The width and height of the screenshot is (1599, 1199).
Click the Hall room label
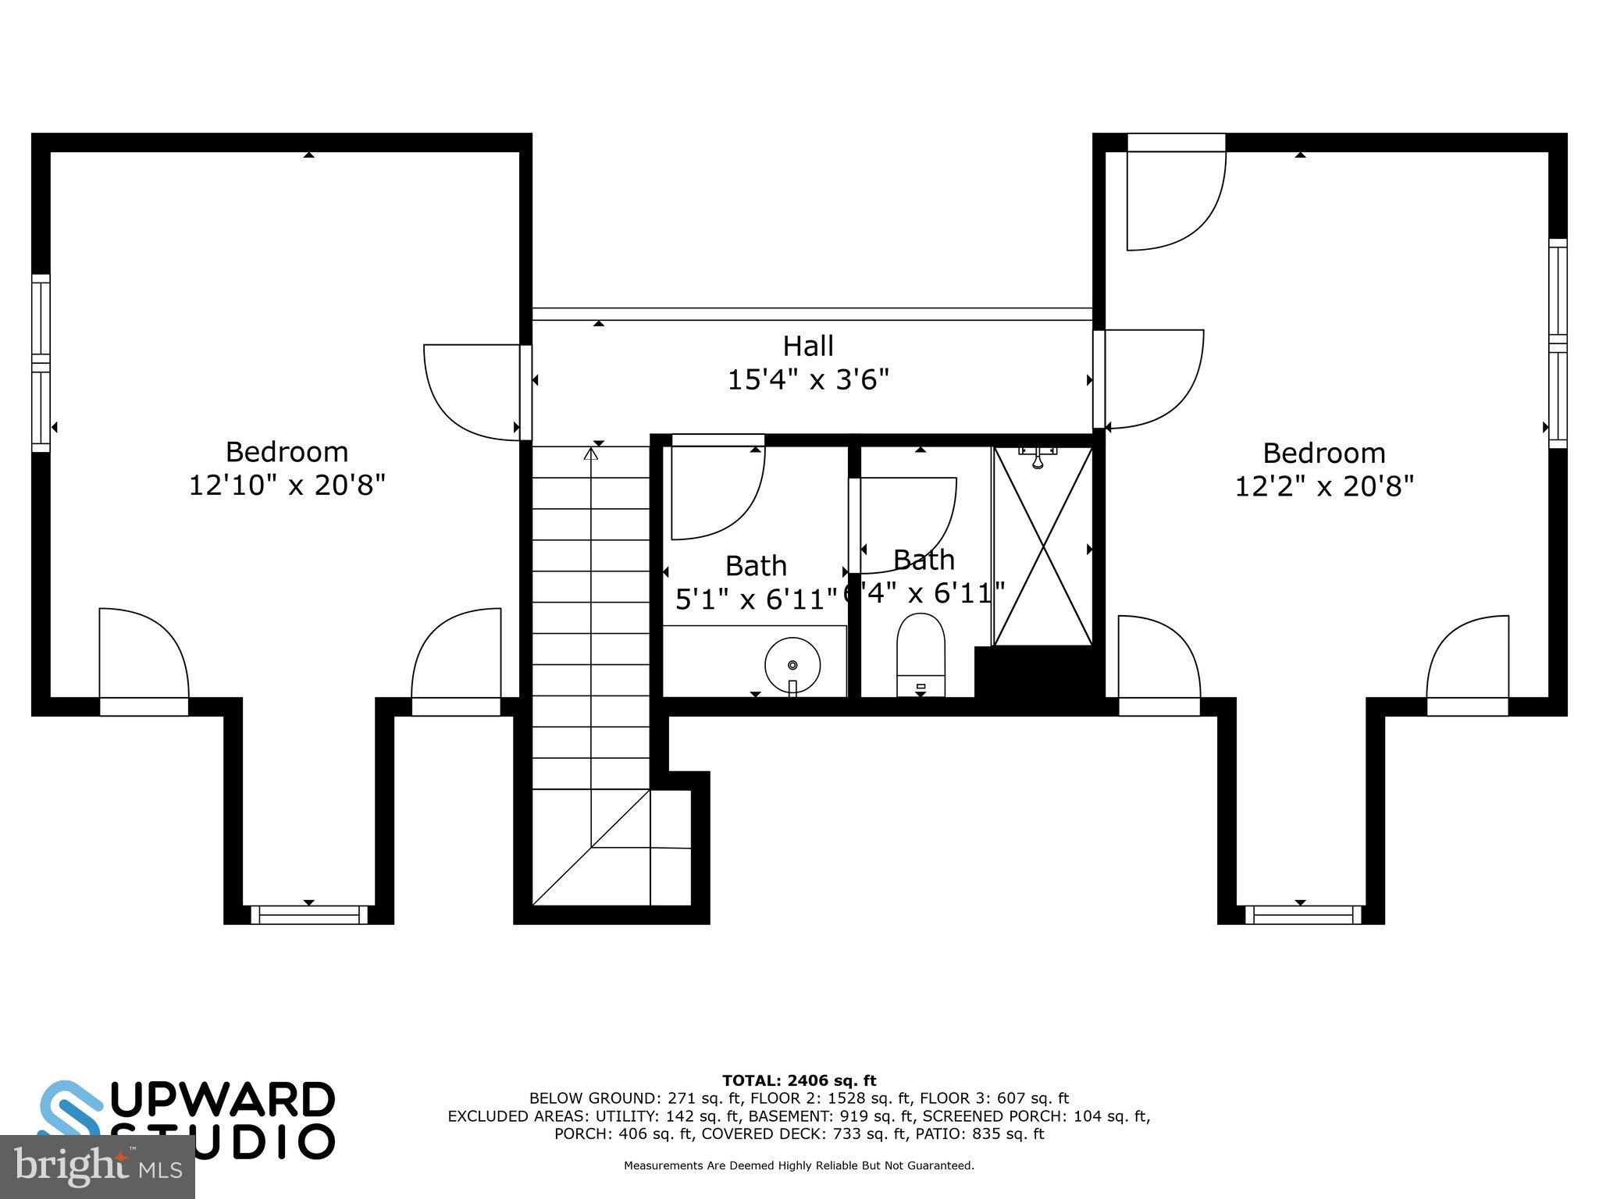coord(808,346)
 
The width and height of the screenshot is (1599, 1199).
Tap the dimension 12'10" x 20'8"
coord(287,486)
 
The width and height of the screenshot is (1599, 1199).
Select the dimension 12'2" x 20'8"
coord(1324,486)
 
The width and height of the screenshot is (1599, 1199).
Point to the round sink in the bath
coord(792,665)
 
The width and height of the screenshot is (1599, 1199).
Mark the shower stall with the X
coord(1042,546)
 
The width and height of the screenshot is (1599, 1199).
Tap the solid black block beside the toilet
coord(1035,673)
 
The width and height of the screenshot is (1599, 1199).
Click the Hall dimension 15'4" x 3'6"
coord(808,381)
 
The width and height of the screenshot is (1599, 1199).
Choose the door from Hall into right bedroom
coord(1152,379)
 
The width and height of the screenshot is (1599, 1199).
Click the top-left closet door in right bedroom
coord(1175,195)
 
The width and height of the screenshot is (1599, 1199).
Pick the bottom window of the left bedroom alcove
coord(309,914)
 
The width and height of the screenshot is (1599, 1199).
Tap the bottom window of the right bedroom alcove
coord(1302,914)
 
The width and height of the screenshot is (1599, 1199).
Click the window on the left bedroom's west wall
coord(41,363)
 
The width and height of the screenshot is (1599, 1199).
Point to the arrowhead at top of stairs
coord(591,452)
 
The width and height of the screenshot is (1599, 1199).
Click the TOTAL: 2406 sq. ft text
coord(799,1080)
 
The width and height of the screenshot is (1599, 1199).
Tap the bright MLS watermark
coord(97,1167)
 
